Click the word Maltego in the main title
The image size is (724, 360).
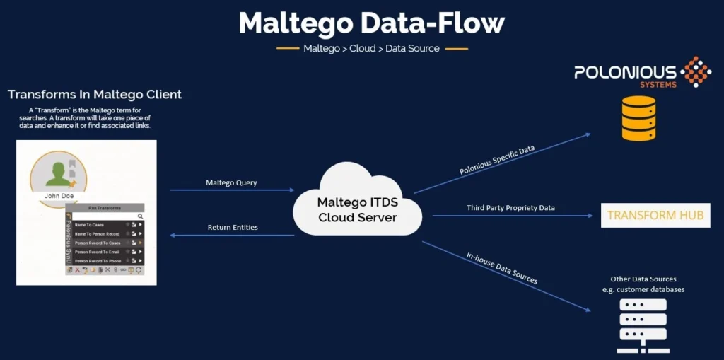pos(295,23)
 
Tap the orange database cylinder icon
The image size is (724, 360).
pos(638,118)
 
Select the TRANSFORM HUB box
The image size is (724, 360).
pos(655,215)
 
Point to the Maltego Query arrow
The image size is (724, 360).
pos(231,190)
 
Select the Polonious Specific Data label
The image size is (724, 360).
pos(497,160)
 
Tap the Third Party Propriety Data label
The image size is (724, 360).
pos(510,208)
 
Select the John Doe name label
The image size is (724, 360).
pos(59,197)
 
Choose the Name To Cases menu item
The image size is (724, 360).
pos(90,225)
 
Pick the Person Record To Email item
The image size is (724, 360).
pos(98,252)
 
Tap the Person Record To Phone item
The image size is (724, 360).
pos(98,261)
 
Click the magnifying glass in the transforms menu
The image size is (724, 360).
pos(140,216)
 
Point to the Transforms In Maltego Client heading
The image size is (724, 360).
pos(95,94)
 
